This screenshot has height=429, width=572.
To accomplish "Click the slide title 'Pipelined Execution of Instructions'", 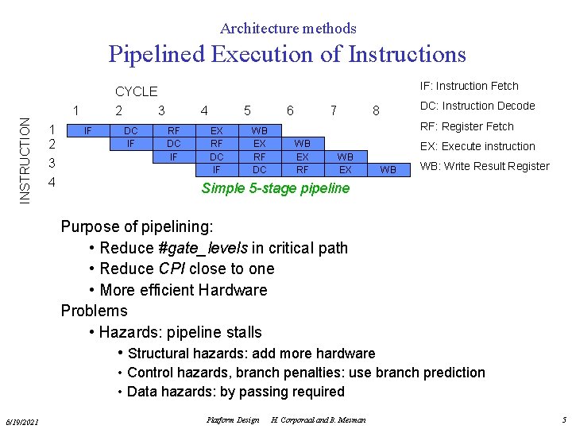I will (287, 54).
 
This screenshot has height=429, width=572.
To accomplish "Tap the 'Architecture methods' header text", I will (288, 29).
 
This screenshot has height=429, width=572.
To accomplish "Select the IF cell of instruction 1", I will (89, 130).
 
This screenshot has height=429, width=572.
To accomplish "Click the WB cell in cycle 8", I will (388, 170).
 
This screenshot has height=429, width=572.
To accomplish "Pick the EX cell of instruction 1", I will (216, 130).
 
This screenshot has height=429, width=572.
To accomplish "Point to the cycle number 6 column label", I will (291, 110).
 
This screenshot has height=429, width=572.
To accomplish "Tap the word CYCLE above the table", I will (136, 91).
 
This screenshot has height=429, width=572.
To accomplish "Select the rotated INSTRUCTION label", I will (25, 160).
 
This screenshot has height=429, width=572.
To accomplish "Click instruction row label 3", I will (52, 164).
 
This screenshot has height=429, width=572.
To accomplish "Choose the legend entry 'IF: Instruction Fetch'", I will (469, 86).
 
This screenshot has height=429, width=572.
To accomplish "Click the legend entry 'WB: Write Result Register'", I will (484, 166).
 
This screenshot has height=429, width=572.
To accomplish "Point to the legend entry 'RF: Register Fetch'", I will (466, 126).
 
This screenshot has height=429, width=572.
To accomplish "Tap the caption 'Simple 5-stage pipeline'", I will (275, 188).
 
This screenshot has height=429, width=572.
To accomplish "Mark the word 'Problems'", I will (94, 311).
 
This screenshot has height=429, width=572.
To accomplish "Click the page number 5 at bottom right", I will (563, 419).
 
